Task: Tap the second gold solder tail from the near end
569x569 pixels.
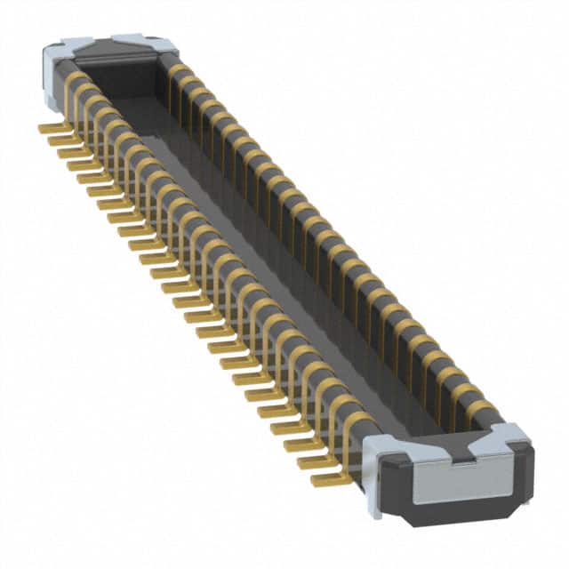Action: pos(313,462)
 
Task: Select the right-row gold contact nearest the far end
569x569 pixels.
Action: pos(179,70)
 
